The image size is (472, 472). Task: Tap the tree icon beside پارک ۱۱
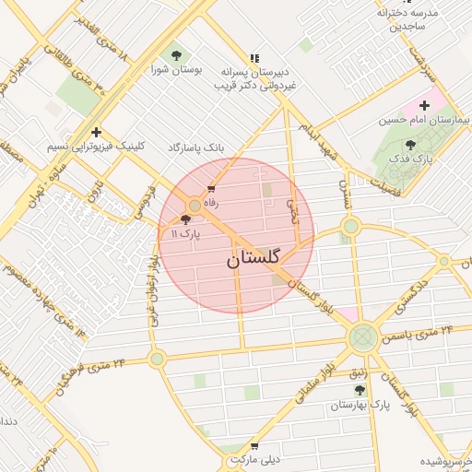tap(187, 220)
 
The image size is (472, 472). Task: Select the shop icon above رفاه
tap(212, 189)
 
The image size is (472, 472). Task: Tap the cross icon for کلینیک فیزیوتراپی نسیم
tap(96, 132)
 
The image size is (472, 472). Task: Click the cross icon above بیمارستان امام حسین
tap(425, 106)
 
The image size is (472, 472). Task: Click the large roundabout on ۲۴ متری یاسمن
tap(362, 337)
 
